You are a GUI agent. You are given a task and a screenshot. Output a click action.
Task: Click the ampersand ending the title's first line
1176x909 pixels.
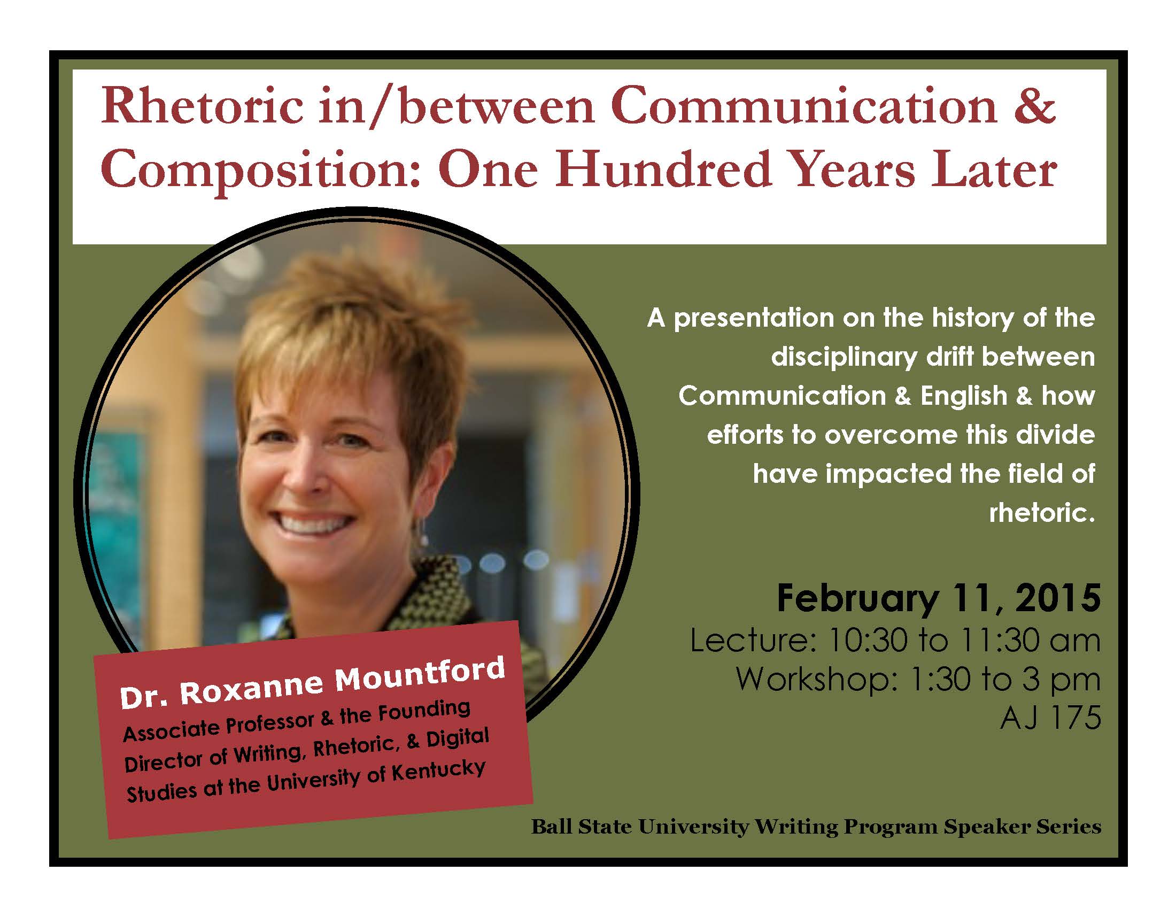tap(1034, 107)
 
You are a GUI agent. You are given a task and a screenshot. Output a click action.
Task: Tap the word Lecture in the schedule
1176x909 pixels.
tap(753, 641)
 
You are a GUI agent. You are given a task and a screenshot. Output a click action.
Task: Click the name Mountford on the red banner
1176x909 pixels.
tap(420, 674)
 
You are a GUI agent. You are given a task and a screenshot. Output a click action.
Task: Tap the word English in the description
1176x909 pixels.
tap(964, 396)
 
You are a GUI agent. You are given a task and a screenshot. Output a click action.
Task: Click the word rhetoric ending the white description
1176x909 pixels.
tap(1042, 513)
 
